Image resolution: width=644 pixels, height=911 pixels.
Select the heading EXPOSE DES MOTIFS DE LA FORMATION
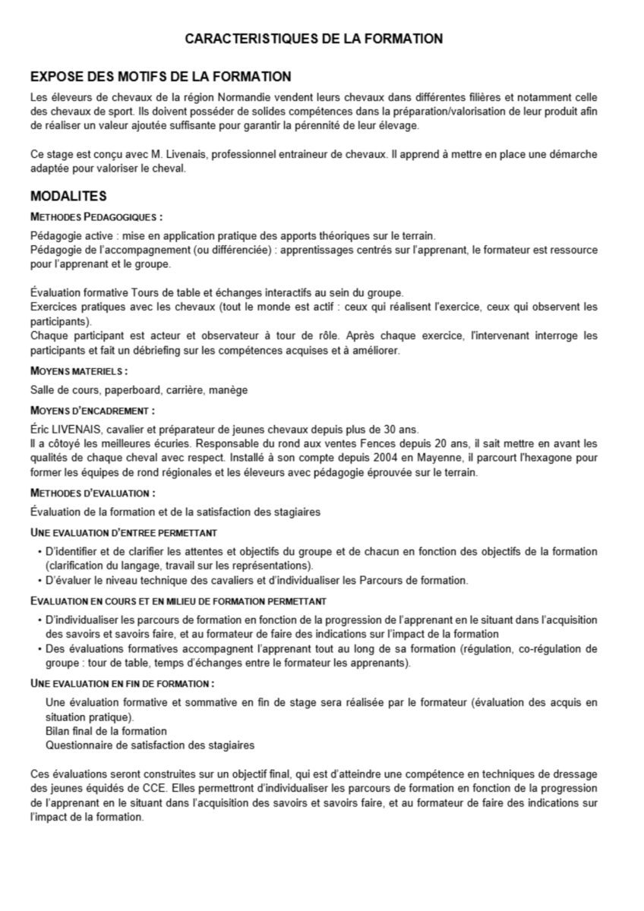160,77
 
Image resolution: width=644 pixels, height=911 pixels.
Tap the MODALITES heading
68,197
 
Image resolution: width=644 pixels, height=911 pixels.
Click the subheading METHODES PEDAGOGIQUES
96,216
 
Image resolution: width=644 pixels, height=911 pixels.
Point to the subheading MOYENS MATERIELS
79,371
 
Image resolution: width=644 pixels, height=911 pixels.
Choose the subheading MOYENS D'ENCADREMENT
92,411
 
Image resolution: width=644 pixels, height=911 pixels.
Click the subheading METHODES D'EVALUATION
93,493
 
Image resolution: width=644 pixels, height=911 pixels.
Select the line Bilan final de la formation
106,731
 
